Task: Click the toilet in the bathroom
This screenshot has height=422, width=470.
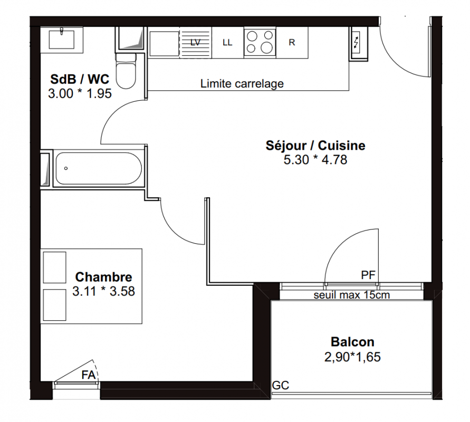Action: [126, 71]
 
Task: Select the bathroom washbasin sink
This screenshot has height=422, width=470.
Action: [61, 40]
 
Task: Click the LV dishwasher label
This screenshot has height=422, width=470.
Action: [195, 43]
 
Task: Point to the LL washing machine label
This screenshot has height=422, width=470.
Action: [227, 43]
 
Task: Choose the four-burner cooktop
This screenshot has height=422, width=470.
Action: [260, 42]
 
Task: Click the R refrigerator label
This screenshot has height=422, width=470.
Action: [292, 43]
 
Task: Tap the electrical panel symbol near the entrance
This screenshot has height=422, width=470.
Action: [358, 44]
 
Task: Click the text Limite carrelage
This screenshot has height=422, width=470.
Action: [242, 84]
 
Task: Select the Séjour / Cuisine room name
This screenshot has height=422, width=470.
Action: [315, 146]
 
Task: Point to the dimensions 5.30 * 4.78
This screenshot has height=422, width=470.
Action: [315, 160]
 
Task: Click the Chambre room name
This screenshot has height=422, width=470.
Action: [103, 277]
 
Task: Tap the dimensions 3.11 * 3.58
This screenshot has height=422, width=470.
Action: [103, 291]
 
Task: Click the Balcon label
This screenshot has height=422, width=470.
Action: [352, 342]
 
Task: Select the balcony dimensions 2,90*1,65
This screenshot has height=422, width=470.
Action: [352, 357]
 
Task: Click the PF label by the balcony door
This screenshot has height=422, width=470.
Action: [368, 275]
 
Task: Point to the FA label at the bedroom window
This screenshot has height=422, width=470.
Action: [89, 375]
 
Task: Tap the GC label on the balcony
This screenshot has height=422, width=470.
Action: [281, 386]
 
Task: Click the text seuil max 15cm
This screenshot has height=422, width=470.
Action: [352, 295]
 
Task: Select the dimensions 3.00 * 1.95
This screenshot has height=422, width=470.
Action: [80, 94]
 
